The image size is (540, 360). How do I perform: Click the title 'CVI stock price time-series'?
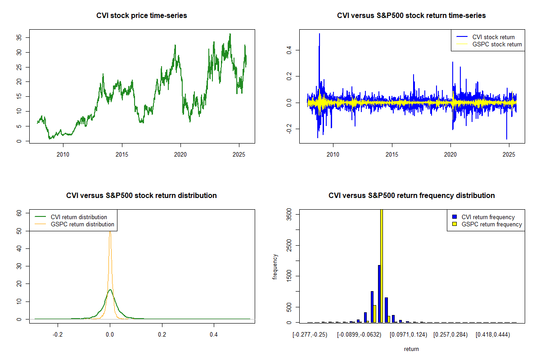click(x=142, y=16)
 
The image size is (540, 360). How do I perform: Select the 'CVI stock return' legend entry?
click(x=493, y=37)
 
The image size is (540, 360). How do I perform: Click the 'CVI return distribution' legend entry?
click(x=79, y=217)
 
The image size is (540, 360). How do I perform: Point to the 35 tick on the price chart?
click(x=19, y=38)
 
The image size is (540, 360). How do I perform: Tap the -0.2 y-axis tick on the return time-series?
click(x=289, y=129)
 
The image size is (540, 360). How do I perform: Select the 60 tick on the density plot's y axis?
click(x=19, y=214)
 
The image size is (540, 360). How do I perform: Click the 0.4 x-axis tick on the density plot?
click(x=214, y=334)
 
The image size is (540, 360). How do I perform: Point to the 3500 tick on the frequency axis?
click(x=289, y=216)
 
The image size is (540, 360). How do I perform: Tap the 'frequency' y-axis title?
click(x=275, y=266)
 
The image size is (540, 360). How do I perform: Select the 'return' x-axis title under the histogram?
click(x=411, y=349)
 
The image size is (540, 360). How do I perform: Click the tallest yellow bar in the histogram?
click(x=382, y=265)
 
